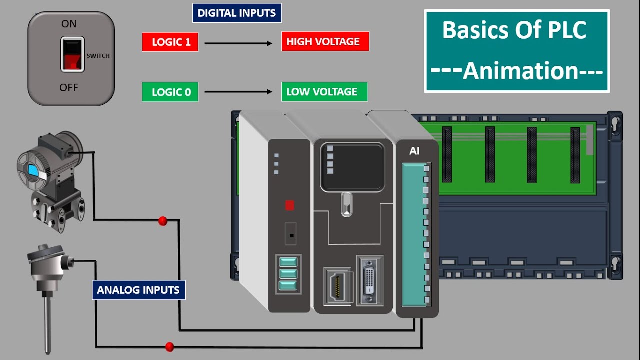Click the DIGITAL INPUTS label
point(237,13)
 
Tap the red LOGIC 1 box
point(170,42)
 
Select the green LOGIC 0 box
point(170,92)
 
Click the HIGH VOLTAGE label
point(325,42)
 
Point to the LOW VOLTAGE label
point(324,92)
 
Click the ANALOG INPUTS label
point(138,290)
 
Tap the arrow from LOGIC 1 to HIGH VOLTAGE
point(239,43)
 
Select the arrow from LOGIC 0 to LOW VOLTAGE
point(239,92)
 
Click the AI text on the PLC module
point(414,151)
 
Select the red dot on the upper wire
point(162,221)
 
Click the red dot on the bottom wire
point(169,346)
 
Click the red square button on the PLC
point(289,205)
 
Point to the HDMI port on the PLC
point(337,286)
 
